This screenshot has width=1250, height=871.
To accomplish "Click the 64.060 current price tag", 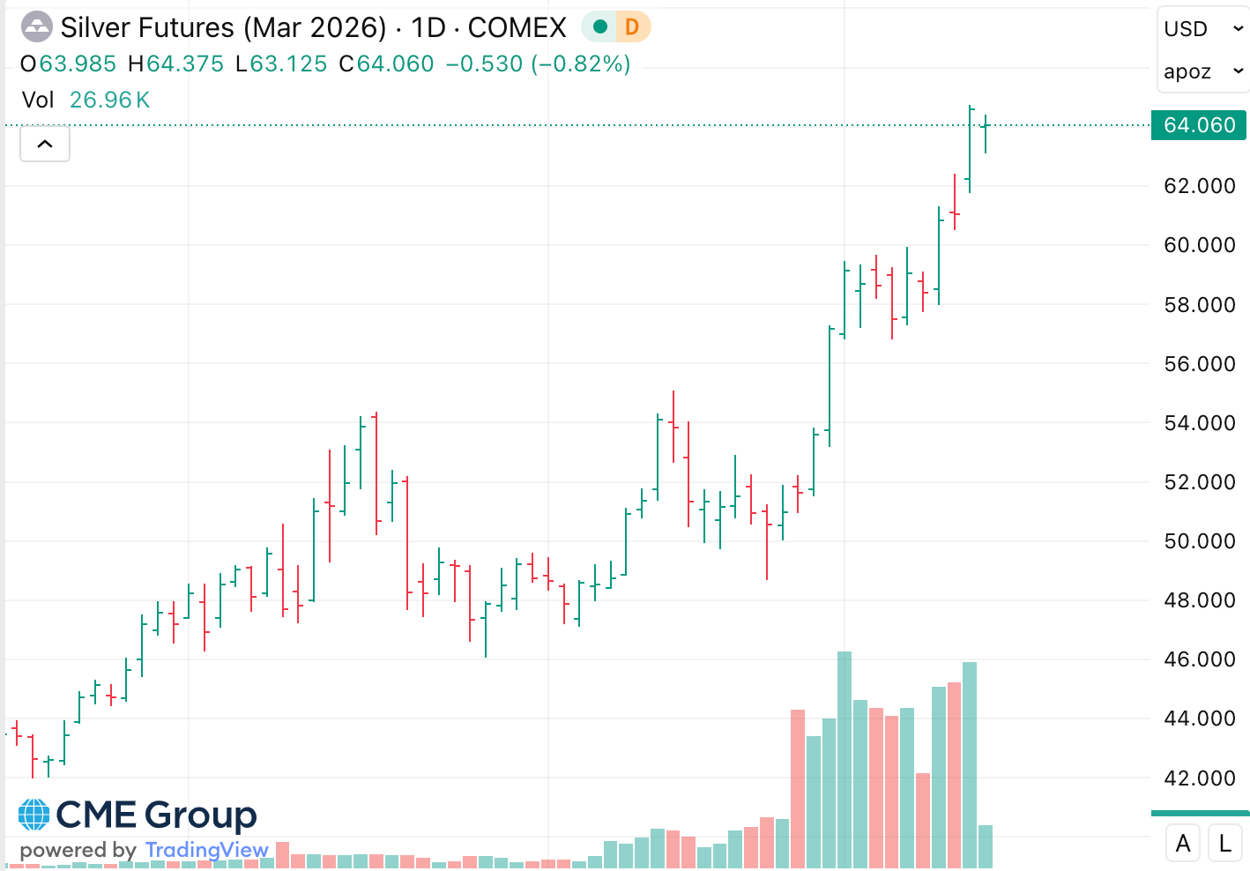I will [x=1199, y=125].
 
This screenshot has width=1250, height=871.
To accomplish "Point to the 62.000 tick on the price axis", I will [x=1199, y=186].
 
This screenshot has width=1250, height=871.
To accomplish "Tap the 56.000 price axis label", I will [x=1199, y=364].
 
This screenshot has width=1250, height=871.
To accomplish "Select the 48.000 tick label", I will [x=1199, y=600].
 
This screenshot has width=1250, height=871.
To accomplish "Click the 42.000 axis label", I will [x=1199, y=778].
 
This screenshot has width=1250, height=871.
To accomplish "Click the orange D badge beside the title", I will [x=632, y=27].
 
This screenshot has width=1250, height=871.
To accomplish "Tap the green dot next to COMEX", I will [x=600, y=27].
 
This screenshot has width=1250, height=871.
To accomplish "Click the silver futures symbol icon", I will [x=36, y=27].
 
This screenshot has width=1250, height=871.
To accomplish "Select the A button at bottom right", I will [x=1183, y=844].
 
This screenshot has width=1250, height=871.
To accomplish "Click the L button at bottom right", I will [x=1225, y=844].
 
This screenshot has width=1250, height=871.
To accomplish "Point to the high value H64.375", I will [x=176, y=64].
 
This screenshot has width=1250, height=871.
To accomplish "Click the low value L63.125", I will [x=281, y=64].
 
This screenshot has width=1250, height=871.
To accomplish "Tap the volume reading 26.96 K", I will [x=110, y=100].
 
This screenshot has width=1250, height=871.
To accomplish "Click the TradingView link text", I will [x=207, y=850].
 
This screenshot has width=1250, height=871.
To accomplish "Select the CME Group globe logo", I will [x=34, y=815].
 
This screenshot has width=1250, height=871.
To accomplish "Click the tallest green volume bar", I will [x=844, y=758].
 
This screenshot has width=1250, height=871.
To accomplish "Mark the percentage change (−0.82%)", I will [x=580, y=64].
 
